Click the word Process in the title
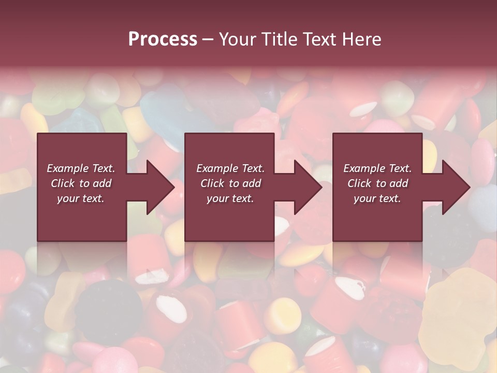[x=163, y=39]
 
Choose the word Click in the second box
[x=212, y=183]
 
